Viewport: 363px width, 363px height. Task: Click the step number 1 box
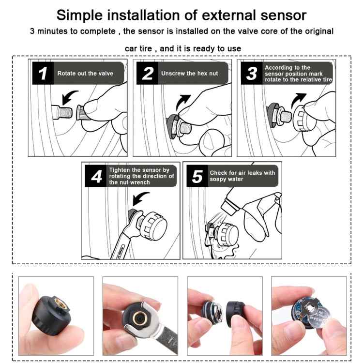[43, 74]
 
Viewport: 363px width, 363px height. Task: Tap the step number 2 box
[148, 74]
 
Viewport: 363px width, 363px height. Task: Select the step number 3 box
[251, 74]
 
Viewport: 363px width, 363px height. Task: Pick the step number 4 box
[96, 177]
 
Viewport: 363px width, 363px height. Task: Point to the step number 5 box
[197, 177]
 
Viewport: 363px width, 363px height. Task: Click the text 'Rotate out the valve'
[85, 74]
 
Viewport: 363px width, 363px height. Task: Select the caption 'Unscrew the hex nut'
[190, 74]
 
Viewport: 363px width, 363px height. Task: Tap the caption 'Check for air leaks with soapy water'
[242, 176]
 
